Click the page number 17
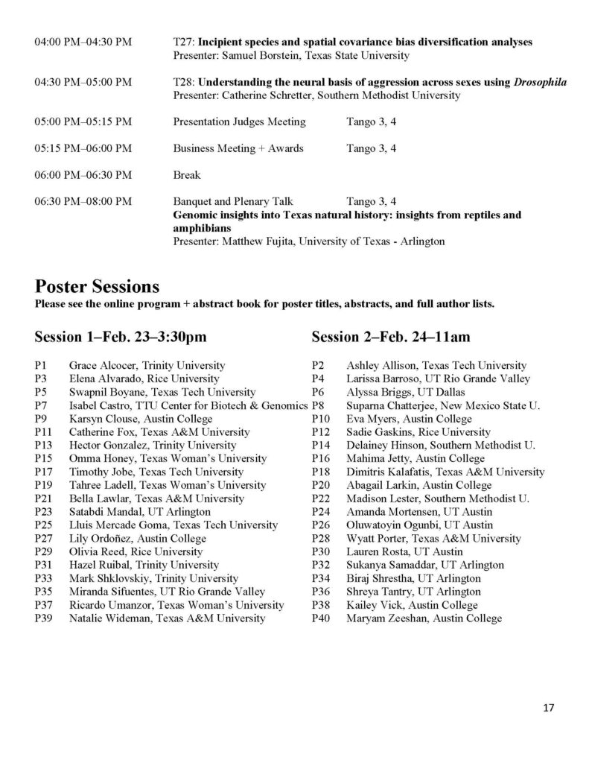click(x=549, y=707)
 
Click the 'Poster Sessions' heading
click(x=97, y=286)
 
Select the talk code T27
click(x=182, y=42)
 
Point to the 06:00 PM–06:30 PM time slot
click(x=83, y=174)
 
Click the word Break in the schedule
click(x=187, y=174)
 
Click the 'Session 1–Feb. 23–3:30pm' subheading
click(x=120, y=337)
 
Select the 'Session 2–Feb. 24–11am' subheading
click(x=390, y=337)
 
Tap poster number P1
click(x=41, y=365)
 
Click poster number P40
click(x=321, y=618)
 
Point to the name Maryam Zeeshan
click(x=383, y=618)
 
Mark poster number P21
click(x=43, y=499)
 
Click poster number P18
click(x=321, y=472)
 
